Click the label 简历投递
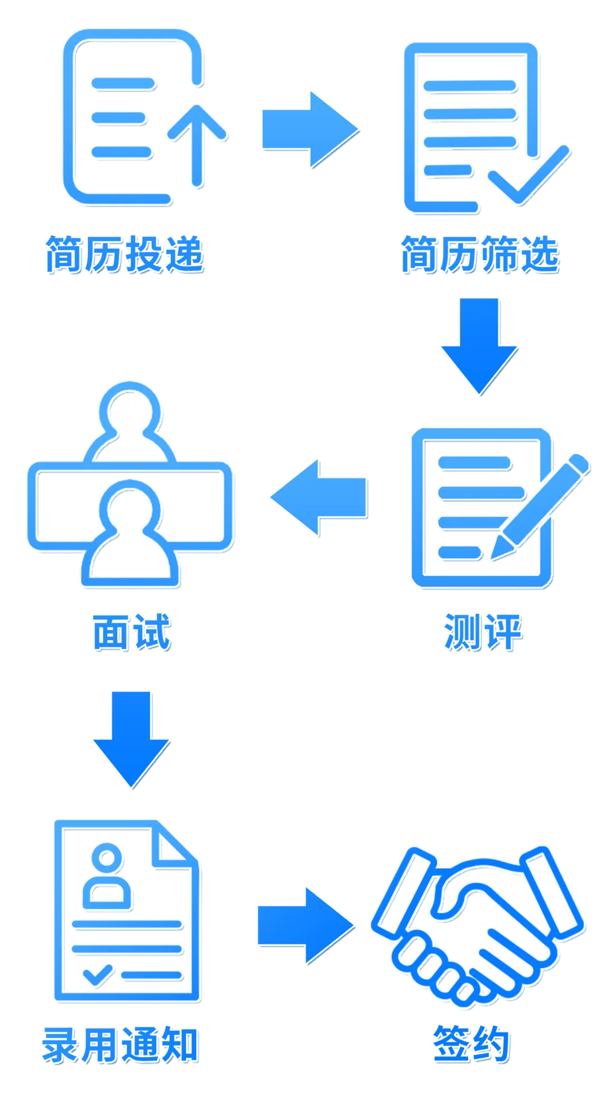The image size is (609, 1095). (125, 254)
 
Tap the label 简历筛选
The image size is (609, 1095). (479, 254)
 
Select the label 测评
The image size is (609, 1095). (482, 632)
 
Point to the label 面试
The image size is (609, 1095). (131, 632)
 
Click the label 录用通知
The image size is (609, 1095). (120, 1045)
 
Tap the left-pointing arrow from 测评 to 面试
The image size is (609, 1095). (319, 496)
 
